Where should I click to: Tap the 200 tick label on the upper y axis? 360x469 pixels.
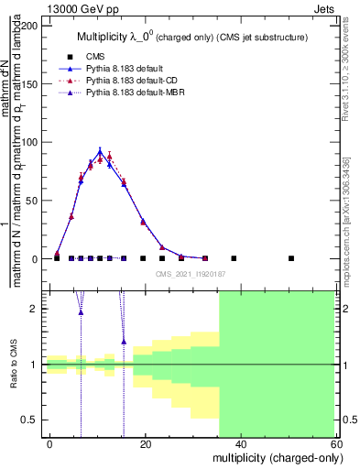(x=30, y=26)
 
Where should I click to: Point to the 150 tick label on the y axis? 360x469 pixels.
(x=30, y=84)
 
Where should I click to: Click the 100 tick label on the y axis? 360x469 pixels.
(x=30, y=143)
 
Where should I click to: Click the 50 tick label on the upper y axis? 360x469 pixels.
(x=33, y=201)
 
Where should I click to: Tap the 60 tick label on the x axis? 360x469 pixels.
(x=338, y=443)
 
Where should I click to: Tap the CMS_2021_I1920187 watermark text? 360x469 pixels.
(x=190, y=273)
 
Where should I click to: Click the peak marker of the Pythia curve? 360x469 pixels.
(x=100, y=151)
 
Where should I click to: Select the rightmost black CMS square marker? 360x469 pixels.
(x=291, y=258)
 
